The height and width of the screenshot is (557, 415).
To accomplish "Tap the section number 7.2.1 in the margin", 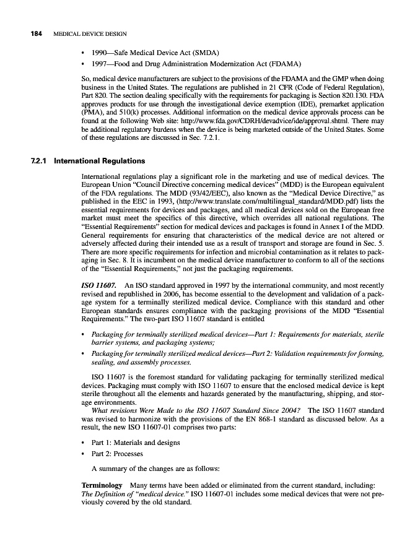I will [39, 162].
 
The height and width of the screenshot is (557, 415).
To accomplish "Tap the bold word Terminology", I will [102, 486].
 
